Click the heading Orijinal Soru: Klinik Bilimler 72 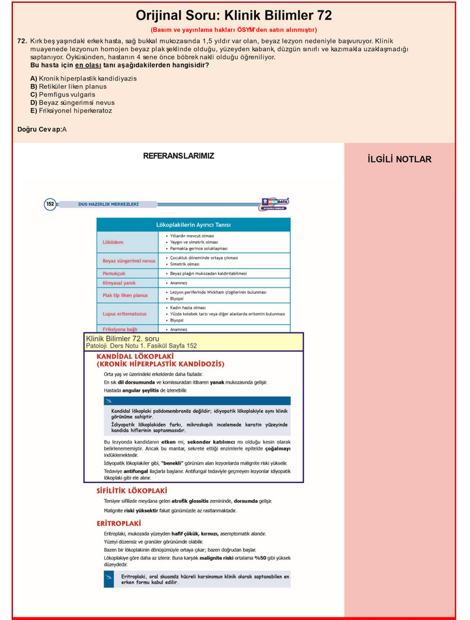tap(234, 16)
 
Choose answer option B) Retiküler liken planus tap(68, 87)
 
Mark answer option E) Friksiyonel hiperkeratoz tap(71, 110)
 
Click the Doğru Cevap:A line tap(42, 129)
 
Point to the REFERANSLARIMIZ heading tap(178, 156)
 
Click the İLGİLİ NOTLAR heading tap(399, 159)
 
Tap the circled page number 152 tap(50, 203)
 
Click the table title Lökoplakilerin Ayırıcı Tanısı tap(193, 224)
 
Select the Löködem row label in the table tap(113, 242)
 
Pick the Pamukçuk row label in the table tap(114, 273)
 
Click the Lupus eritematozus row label tap(125, 313)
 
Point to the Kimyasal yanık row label tap(120, 283)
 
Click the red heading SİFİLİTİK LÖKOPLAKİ tap(132, 491)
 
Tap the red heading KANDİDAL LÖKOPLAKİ tap(136, 356)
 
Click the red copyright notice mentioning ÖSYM tap(234, 30)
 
